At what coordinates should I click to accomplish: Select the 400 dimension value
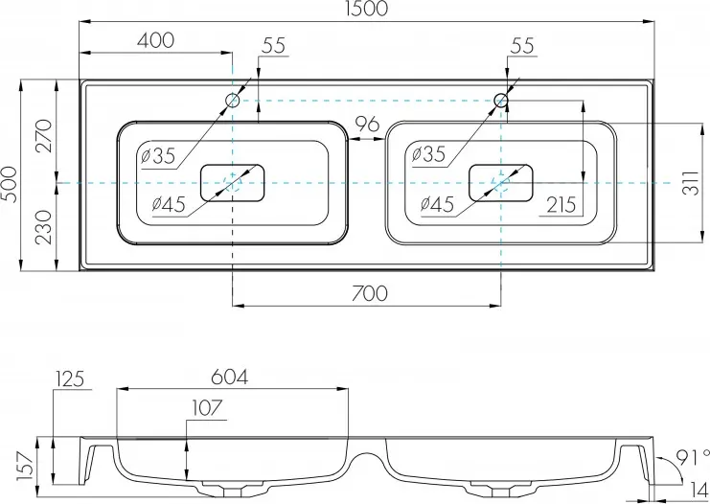[x=155, y=40]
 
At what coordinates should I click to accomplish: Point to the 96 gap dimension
[x=367, y=125]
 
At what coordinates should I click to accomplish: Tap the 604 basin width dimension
[x=227, y=377]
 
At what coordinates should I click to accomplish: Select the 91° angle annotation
[x=692, y=456]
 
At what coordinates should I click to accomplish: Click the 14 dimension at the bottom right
[x=696, y=489]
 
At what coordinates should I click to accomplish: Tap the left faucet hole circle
[x=233, y=101]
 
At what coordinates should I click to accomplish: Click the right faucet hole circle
[x=501, y=100]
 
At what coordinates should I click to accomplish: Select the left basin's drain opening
[x=233, y=182]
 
